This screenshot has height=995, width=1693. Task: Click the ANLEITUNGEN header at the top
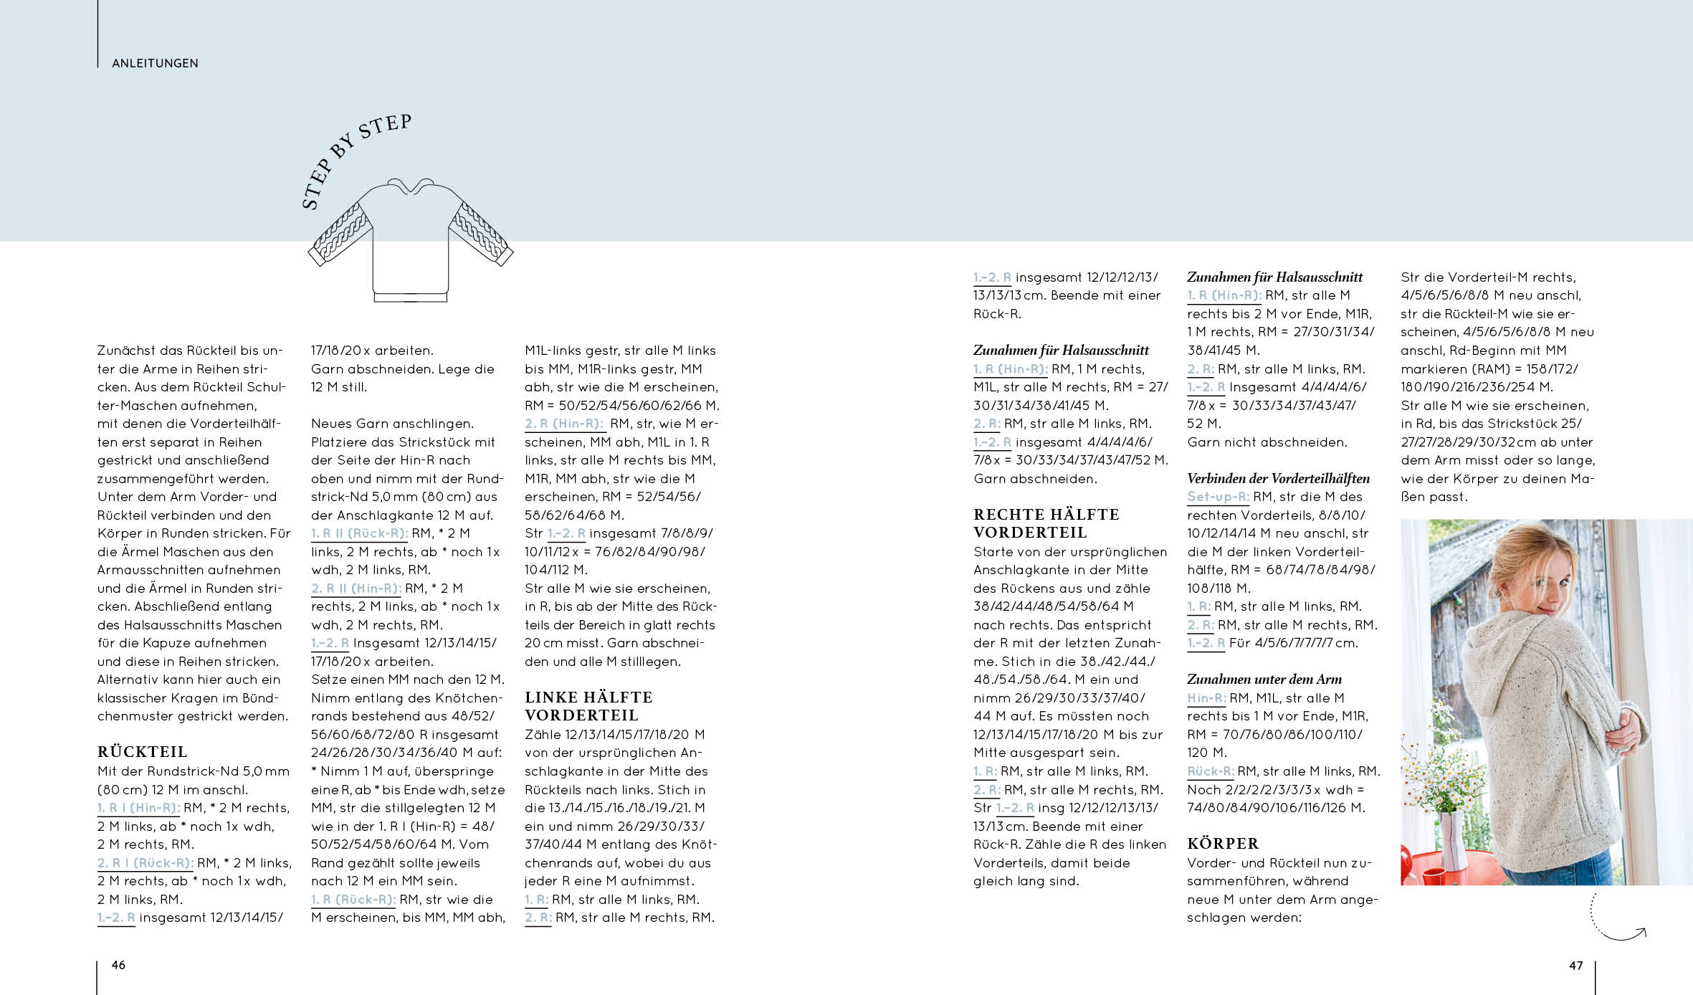[x=155, y=63]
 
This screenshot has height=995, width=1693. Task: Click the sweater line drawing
[x=410, y=240]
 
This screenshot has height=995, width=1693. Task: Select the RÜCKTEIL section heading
[x=142, y=752]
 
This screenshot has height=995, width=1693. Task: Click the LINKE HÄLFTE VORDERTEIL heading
[x=588, y=706]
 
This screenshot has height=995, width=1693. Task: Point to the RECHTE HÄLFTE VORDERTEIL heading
[x=1046, y=523]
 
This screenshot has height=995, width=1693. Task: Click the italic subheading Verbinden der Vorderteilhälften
[x=1278, y=478]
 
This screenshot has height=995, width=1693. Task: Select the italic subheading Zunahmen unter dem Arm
[x=1264, y=679]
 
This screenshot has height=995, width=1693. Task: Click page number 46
[x=118, y=965]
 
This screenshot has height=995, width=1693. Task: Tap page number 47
[x=1575, y=966]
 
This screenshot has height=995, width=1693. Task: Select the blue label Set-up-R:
[x=1218, y=497]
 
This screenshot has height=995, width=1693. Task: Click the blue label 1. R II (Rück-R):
[x=359, y=533]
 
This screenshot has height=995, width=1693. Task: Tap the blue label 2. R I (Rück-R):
[x=146, y=863]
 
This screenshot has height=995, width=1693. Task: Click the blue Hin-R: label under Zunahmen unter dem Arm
[x=1206, y=698]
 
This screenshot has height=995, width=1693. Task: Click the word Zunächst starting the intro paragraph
[x=130, y=351]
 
